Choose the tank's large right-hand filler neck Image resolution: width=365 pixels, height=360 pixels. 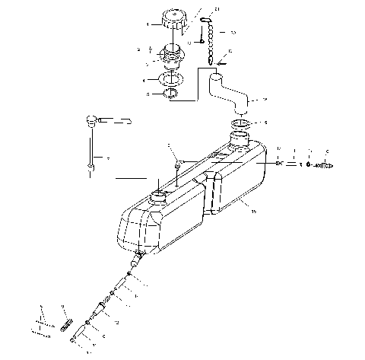coord(241,139)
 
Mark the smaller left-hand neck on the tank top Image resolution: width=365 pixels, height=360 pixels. coord(160,196)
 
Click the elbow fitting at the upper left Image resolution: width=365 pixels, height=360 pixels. coord(94,119)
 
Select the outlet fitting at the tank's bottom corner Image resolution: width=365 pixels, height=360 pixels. coord(138,261)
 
